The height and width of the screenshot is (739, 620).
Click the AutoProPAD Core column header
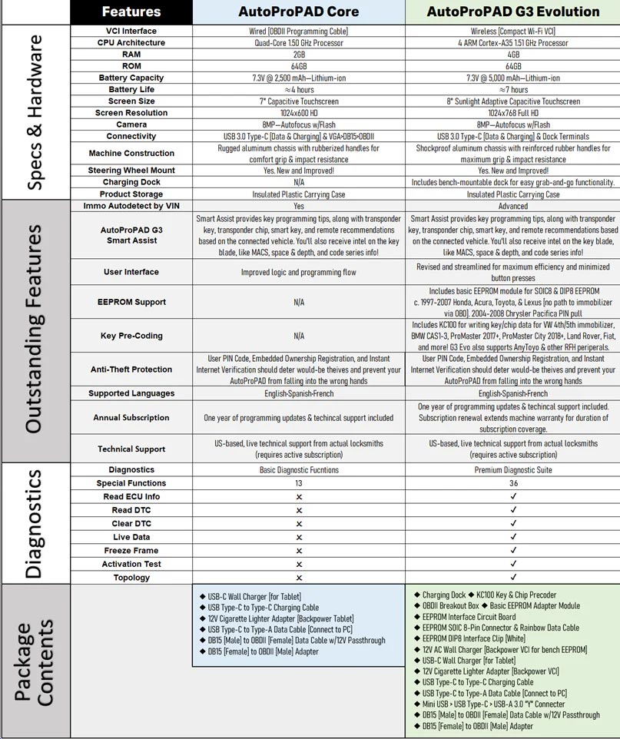point(299,12)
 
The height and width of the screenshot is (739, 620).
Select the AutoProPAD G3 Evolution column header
point(513,12)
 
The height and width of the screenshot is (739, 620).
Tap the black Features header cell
point(131,12)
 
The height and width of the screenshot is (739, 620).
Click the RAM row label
point(131,55)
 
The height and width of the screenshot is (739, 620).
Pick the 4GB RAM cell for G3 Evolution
point(513,55)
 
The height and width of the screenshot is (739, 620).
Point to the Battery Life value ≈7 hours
point(513,89)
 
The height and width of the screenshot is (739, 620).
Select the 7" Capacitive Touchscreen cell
point(299,101)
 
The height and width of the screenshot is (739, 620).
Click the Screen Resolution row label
point(131,113)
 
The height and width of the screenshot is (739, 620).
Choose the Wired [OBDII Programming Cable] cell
point(299,31)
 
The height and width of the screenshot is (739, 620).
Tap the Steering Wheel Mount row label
point(131,170)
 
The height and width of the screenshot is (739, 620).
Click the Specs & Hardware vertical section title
point(35,112)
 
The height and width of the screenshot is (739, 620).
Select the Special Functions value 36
point(513,483)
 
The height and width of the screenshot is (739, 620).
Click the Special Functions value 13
point(299,483)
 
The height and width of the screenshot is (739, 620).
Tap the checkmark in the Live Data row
point(513,537)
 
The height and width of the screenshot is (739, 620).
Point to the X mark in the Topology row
point(299,578)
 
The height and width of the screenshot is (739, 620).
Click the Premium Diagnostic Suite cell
point(513,469)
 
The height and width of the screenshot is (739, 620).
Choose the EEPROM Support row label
point(131,302)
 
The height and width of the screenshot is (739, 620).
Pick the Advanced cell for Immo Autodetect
point(513,206)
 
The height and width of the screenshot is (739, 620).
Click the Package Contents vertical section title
point(35,661)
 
